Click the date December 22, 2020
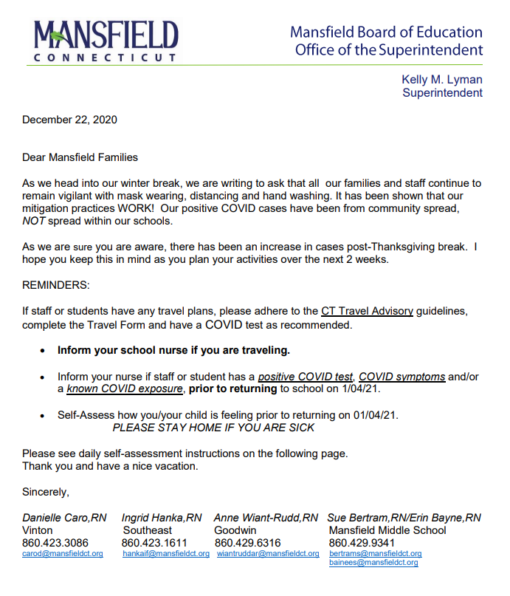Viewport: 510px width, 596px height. [69, 120]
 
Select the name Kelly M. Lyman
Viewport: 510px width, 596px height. [441, 80]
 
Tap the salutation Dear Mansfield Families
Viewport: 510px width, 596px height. [80, 157]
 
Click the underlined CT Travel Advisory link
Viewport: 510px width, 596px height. [367, 311]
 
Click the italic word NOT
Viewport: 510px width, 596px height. [34, 221]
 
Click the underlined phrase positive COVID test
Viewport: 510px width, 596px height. [306, 377]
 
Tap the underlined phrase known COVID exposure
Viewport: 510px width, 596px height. [124, 388]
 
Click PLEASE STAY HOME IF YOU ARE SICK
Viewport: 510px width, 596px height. [213, 428]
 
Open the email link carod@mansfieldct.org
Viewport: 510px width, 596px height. [63, 553]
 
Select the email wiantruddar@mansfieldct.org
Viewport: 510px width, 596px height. [268, 553]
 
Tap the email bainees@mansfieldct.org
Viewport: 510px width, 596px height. [373, 563]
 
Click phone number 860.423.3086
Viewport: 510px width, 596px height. [56, 542]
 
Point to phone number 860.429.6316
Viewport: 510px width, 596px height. [248, 542]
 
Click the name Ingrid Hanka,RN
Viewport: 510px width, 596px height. [162, 518]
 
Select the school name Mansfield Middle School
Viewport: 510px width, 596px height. [387, 530]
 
